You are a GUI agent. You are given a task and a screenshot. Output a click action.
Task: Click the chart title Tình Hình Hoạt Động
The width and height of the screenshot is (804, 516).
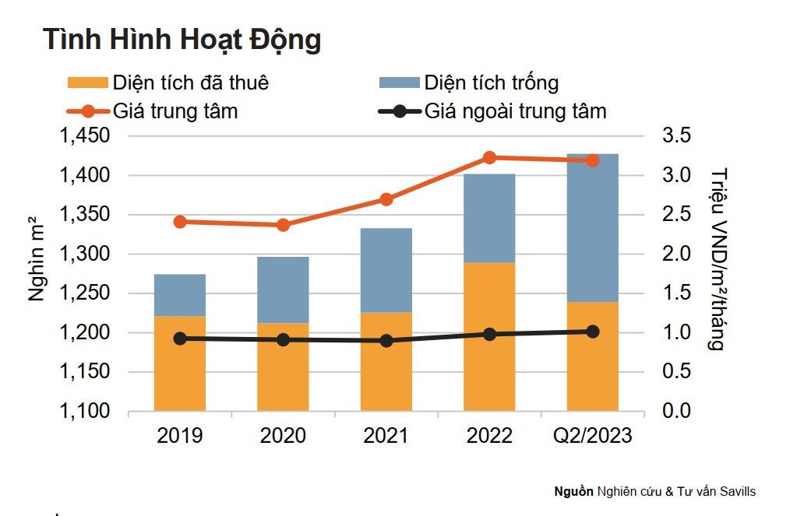coord(182,40)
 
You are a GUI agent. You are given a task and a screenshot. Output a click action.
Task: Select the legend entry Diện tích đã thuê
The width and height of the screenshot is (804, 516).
coord(191,82)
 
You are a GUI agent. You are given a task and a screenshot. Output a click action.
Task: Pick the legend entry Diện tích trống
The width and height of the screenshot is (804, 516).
coord(491,82)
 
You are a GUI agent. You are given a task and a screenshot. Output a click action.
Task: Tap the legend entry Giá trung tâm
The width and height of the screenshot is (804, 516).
coord(175,111)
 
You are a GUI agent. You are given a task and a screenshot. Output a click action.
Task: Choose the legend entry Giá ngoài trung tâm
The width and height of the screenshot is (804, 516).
coord(515,111)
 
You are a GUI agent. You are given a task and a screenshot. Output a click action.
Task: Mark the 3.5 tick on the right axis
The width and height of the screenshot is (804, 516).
coord(677,136)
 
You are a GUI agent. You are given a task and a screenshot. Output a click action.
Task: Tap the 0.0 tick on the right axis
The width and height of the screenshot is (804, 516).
coord(677,411)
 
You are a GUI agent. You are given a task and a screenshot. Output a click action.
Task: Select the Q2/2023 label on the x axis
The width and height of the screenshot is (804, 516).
coord(592,436)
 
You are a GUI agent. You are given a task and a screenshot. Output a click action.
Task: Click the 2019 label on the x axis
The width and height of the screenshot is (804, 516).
coord(180,436)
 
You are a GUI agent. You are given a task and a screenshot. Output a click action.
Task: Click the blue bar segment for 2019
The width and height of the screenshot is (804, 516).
coord(180,295)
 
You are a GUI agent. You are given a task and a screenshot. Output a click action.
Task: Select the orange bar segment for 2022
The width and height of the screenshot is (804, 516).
coord(489,336)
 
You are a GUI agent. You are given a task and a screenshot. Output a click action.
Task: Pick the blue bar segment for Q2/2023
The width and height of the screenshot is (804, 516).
coord(592,227)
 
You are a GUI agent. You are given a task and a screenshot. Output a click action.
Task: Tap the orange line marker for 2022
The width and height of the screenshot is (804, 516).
coord(489,158)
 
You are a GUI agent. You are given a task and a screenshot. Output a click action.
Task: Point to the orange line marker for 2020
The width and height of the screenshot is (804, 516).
coord(283,225)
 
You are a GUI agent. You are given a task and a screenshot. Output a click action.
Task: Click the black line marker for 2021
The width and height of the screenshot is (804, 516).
coord(386,340)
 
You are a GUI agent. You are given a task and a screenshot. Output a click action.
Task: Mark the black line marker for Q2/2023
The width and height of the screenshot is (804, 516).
coord(592,332)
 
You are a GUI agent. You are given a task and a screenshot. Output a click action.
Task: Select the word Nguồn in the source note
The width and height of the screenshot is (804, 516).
coord(573,492)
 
